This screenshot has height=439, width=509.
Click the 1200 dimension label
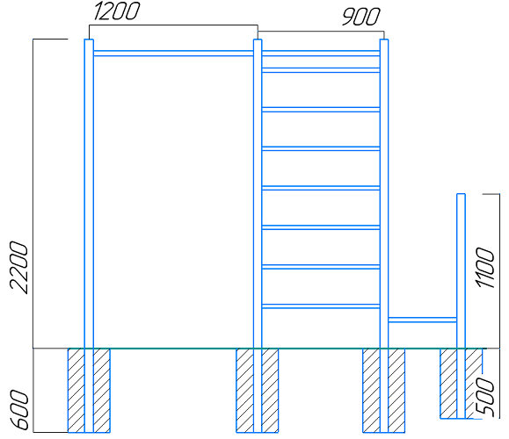tap(117, 11)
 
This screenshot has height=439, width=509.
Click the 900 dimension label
tap(361, 17)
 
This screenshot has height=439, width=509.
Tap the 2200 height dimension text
tap(19, 268)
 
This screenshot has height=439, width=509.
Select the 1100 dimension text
tap(485, 268)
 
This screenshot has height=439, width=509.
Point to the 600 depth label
tap(19, 410)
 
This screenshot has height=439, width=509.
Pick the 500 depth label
tap(485, 396)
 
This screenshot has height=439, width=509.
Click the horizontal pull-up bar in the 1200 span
tap(173, 54)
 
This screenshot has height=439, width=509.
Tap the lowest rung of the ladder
tap(321, 306)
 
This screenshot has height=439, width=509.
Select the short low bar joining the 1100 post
tap(422, 320)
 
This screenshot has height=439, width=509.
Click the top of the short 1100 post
tap(461, 194)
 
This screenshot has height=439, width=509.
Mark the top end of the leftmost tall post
tap(89, 40)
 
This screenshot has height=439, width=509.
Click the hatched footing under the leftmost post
tap(89, 391)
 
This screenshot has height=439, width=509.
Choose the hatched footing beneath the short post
tap(461, 383)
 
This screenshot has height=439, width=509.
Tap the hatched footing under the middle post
tap(258, 391)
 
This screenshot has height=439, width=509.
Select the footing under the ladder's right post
tap(384, 391)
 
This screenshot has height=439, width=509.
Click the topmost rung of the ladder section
tap(321, 54)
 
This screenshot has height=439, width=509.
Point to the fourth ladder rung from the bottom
tap(321, 188)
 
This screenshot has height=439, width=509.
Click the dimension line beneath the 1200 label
tap(173, 25)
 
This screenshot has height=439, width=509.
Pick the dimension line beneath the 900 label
tap(321, 32)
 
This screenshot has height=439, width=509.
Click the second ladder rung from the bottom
tap(321, 267)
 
